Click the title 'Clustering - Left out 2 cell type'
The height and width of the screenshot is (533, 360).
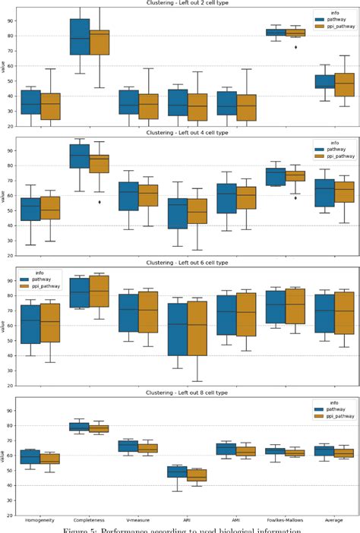point(180,4)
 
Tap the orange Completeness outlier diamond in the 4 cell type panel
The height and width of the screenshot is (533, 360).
point(99,202)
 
